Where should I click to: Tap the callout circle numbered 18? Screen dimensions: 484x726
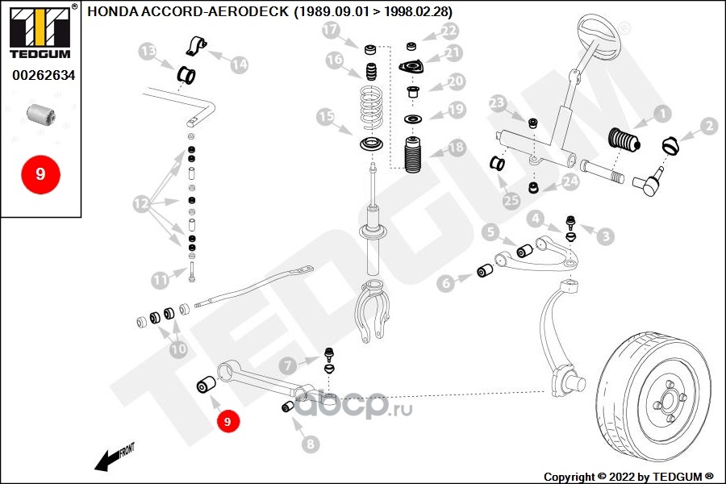point(457,148)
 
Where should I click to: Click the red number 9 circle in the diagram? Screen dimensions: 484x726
point(227,421)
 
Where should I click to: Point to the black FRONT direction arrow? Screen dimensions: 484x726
point(109,459)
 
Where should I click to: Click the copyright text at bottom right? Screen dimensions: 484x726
point(628,476)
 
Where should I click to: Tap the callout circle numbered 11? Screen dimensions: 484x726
point(161,280)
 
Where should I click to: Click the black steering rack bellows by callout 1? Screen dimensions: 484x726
point(624,142)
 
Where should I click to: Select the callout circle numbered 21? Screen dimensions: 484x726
point(453,54)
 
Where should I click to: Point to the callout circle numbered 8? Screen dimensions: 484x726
point(311,443)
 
